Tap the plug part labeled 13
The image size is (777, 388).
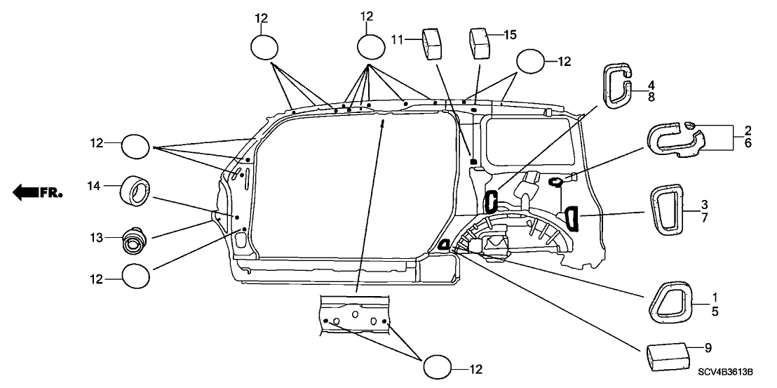point(133,241)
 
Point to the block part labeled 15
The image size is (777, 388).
point(481,42)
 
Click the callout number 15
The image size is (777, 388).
point(510,34)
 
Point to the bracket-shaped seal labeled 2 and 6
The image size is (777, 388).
point(677,138)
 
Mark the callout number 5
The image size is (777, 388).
point(715,311)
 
